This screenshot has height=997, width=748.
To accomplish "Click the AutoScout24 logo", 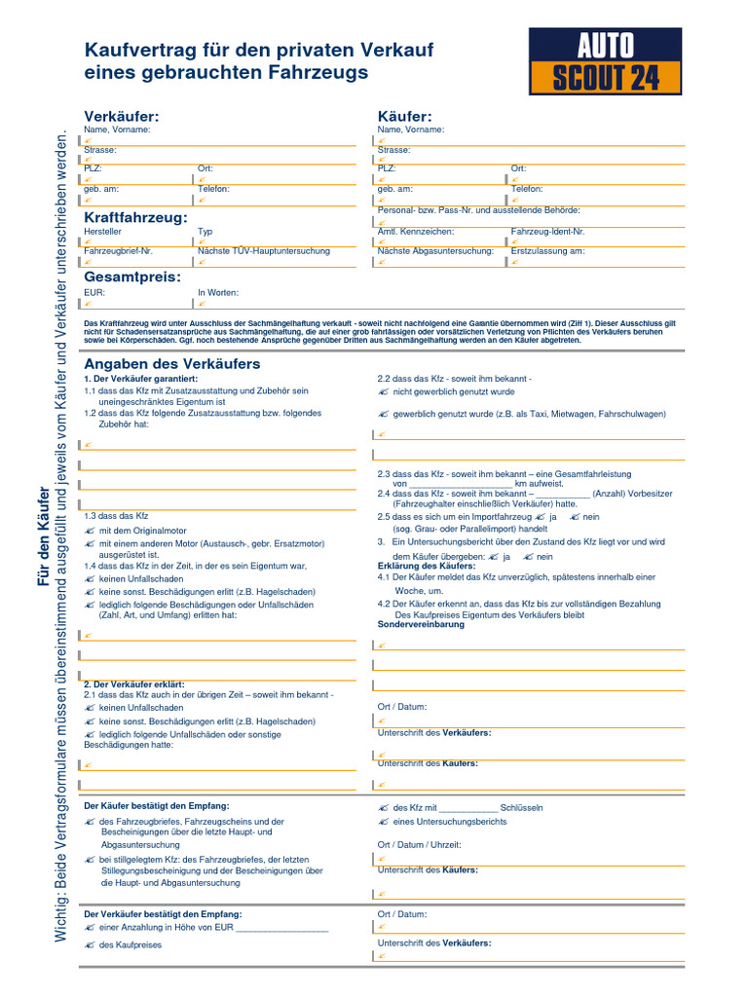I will tap(605, 60).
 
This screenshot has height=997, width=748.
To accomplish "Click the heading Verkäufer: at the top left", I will tap(121, 117).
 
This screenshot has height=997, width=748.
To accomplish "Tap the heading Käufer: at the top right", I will tap(404, 117).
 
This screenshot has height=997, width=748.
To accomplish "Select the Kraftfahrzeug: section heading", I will tap(135, 217).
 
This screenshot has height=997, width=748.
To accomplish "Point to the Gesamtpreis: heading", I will tap(132, 277).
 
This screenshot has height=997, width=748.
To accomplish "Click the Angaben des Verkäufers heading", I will tap(172, 363).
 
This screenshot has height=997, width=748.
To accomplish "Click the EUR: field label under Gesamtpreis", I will tap(94, 292).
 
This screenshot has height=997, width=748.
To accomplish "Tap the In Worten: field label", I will tap(218, 292).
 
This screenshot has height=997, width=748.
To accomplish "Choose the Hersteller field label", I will tap(103, 232).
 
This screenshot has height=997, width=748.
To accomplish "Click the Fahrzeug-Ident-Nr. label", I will tap(547, 232).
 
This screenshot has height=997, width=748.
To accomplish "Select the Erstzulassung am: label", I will tap(547, 251).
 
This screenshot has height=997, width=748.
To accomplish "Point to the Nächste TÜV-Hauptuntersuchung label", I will tap(264, 251).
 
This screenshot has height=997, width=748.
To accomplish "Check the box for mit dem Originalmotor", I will tap(90, 530).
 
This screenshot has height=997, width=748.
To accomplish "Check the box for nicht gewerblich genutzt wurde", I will tap(383, 391).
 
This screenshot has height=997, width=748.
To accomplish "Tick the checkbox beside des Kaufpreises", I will tap(90, 945).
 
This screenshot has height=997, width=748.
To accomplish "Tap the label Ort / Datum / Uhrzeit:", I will tap(419, 845).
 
